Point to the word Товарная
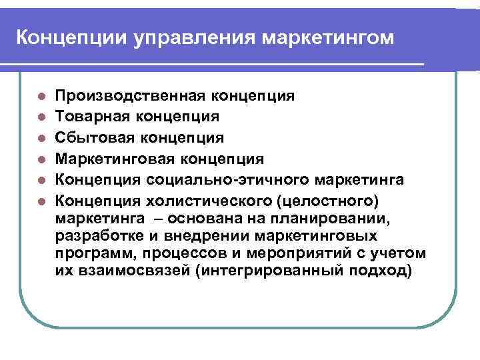(x=84, y=117)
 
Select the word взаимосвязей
(x=124, y=271)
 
